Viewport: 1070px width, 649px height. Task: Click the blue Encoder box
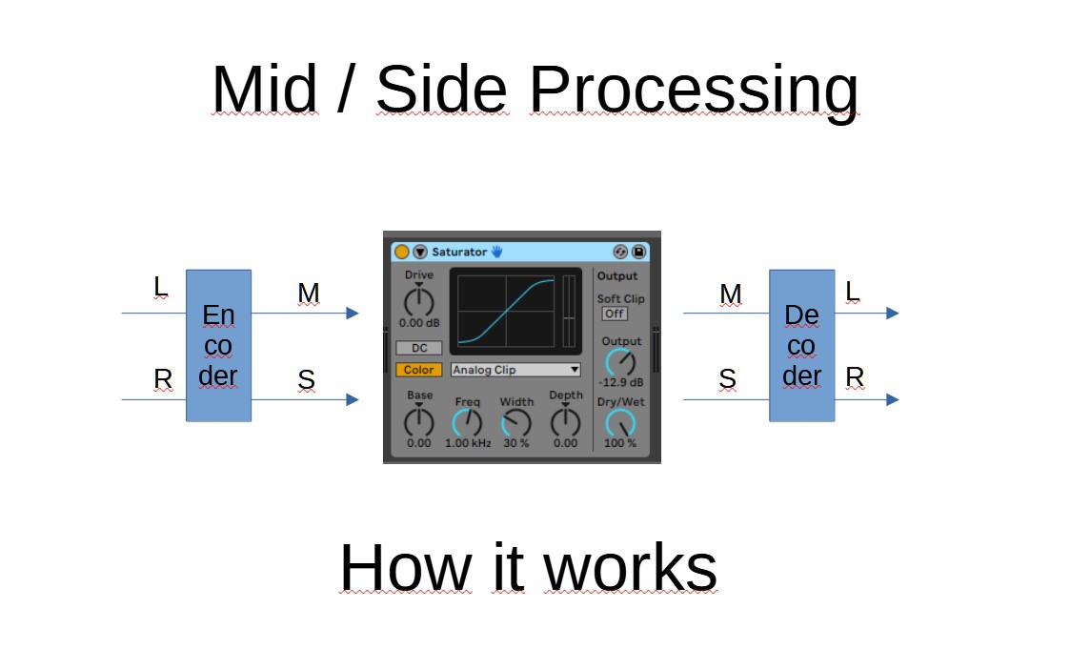(x=218, y=345)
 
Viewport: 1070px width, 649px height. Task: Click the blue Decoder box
(x=801, y=345)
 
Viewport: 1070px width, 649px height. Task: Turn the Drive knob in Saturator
(x=418, y=302)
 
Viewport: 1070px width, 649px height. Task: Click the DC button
(x=419, y=348)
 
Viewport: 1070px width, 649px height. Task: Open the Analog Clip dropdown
(x=515, y=370)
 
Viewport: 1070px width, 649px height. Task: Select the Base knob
(x=418, y=420)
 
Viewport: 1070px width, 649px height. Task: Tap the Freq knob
(x=468, y=422)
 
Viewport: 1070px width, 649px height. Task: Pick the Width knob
(x=516, y=423)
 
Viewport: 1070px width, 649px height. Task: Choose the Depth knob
(x=565, y=420)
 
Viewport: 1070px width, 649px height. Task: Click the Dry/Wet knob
(x=621, y=423)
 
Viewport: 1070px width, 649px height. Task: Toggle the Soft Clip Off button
(x=615, y=314)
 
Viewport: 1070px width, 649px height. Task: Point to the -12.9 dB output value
(x=620, y=382)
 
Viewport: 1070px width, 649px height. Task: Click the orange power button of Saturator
(x=402, y=252)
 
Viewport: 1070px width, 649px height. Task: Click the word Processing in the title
(x=694, y=91)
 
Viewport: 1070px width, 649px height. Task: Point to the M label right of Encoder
(x=308, y=294)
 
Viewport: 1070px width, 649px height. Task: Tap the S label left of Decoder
(x=728, y=379)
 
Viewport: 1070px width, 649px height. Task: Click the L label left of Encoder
(x=160, y=285)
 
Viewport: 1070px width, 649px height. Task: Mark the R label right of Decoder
(x=855, y=377)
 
